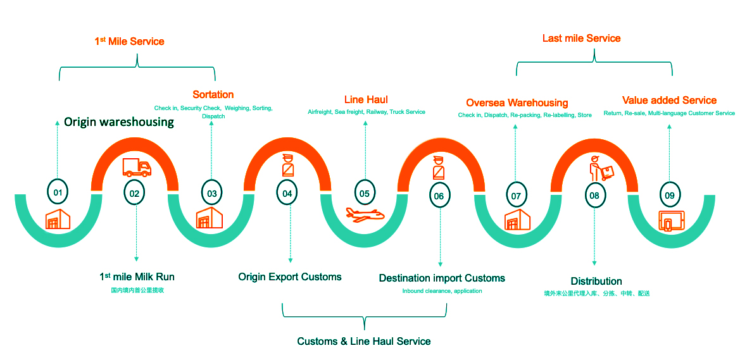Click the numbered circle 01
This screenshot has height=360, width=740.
58,192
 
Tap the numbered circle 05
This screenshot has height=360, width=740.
365,193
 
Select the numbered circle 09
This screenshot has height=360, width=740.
670,194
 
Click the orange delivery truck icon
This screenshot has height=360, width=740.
137,167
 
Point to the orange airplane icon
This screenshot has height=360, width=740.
365,215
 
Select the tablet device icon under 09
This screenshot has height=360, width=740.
671,221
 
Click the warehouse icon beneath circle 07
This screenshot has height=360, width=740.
517,220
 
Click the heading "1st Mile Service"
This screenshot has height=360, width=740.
129,42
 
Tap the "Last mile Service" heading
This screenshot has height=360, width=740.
581,39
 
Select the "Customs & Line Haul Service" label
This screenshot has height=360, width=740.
364,342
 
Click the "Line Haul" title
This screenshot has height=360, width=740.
366,100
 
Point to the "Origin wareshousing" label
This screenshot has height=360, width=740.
119,122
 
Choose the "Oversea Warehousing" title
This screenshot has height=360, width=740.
517,103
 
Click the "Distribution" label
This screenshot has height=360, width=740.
596,282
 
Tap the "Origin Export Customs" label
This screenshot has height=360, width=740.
290,277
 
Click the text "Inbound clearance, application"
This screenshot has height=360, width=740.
442,291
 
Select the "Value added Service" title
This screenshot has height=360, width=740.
669,101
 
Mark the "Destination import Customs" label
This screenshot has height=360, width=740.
442,278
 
